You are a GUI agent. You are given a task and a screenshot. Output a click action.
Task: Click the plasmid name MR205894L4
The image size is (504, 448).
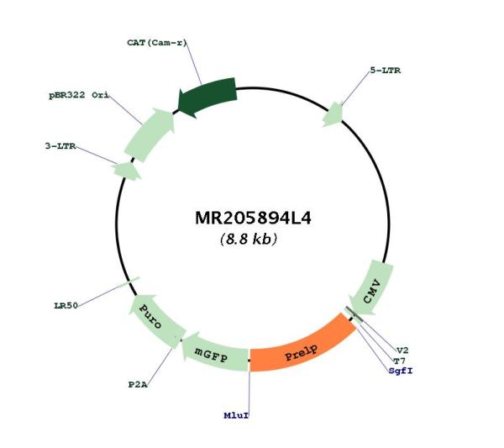point(253,218)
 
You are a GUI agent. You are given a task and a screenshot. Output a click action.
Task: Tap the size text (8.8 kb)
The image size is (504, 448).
point(249,240)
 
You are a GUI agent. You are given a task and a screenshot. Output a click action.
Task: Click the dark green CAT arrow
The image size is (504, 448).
point(207,96)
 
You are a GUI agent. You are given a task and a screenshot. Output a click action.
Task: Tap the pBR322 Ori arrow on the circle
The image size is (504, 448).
point(150,134)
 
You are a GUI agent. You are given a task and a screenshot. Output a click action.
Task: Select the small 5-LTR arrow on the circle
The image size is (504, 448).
point(333,114)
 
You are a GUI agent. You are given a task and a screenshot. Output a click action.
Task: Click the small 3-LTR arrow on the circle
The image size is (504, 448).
point(127,171)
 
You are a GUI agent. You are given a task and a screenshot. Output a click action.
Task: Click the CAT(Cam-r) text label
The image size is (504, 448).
point(156,43)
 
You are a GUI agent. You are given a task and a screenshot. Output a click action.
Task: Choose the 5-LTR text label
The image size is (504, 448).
point(386,71)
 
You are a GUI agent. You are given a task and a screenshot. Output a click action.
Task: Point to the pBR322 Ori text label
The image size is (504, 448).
point(78,95)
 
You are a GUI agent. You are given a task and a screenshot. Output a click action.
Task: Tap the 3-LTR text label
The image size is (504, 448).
point(60,146)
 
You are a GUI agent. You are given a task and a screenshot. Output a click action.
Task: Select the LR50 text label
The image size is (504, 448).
point(66,305)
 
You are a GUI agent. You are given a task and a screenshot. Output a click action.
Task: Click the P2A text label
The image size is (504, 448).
point(138,385)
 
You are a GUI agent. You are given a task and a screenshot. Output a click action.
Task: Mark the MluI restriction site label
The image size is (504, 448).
point(236,415)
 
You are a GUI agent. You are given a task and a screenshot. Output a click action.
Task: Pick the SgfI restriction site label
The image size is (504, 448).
point(401,371)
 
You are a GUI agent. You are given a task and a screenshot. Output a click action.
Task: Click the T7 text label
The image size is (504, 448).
point(400,361)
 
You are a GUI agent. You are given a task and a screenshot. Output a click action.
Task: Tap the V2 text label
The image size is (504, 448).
point(402,350)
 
